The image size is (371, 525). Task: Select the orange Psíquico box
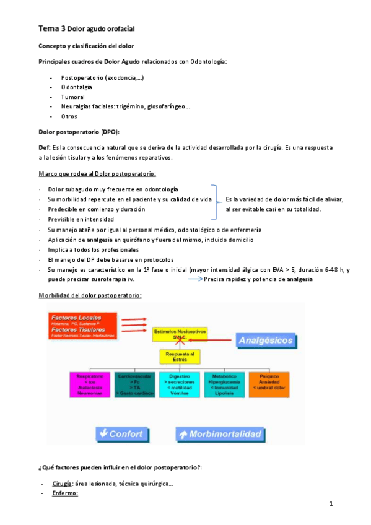(x=269, y=384)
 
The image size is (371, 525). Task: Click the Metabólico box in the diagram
(x=224, y=384)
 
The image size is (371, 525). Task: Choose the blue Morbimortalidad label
(x=219, y=433)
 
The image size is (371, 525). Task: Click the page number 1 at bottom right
(x=331, y=504)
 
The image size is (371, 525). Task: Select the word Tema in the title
(x=48, y=28)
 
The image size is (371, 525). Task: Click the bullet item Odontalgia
(x=76, y=88)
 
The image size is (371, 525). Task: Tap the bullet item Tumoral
(x=73, y=97)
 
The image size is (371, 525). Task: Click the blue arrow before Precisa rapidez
(x=194, y=279)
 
